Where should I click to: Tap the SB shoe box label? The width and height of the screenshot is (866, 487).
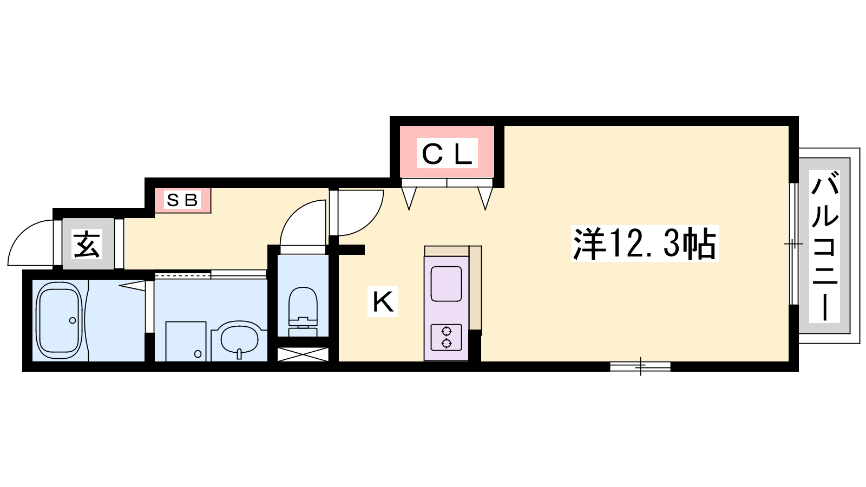point(182,200)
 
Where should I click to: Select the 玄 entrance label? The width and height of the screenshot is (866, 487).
point(88,244)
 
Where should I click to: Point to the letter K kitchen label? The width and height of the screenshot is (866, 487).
point(383,302)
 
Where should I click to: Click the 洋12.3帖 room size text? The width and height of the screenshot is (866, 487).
point(645,244)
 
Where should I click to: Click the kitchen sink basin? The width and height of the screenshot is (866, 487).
point(446,284)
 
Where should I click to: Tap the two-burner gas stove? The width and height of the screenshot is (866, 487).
point(446,337)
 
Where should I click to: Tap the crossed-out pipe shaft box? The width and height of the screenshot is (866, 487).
point(303,354)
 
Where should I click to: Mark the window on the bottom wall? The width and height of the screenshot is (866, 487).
point(640,366)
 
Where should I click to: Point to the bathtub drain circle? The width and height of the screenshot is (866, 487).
point(73,320)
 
